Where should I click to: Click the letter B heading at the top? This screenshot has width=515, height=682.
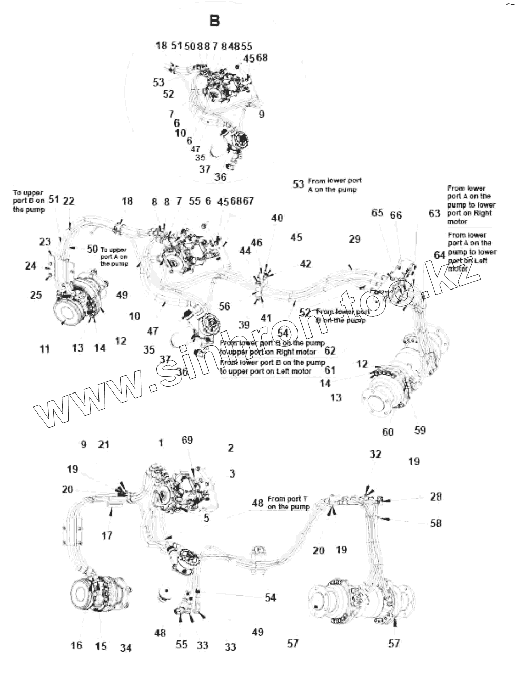[x=214, y=20]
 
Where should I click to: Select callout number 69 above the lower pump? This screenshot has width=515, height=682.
[x=187, y=440]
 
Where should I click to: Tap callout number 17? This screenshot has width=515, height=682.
[x=107, y=535]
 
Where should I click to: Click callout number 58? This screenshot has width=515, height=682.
[x=435, y=523]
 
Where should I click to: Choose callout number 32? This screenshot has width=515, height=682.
[x=375, y=454]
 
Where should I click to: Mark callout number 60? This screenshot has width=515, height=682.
[x=388, y=432]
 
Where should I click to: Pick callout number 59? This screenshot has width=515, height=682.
[x=420, y=430]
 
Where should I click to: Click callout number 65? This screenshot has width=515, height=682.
[x=378, y=212]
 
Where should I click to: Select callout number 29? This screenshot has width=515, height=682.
[x=354, y=239]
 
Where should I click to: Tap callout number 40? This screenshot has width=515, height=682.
[x=277, y=218]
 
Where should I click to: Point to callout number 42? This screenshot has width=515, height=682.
[x=305, y=264]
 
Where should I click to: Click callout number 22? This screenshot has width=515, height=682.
[x=69, y=201]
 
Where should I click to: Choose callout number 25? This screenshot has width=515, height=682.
[x=35, y=295]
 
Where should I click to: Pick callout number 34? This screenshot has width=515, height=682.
[x=126, y=648]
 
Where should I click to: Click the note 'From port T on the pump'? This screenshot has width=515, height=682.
[x=289, y=503]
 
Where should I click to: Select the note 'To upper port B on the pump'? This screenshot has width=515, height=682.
[x=29, y=201]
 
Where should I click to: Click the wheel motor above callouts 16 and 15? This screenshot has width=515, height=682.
[x=102, y=597]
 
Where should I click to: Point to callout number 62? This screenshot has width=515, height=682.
[x=330, y=351]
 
